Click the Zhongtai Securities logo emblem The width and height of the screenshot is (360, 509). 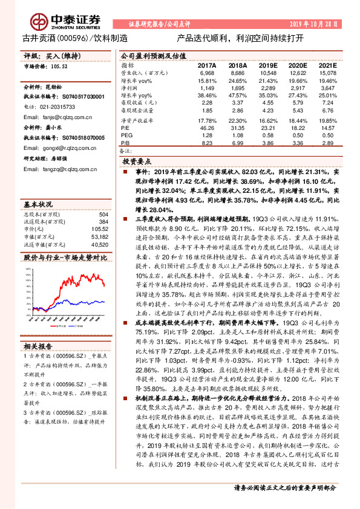tap(41, 22)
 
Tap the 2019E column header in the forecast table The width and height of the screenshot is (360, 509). tap(266, 65)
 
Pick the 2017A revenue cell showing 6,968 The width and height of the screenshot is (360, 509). tap(207, 73)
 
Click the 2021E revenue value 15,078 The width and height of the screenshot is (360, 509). tap(327, 73)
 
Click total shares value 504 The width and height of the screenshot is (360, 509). tap(103, 215)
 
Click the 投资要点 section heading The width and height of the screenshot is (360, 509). tap(137, 163)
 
